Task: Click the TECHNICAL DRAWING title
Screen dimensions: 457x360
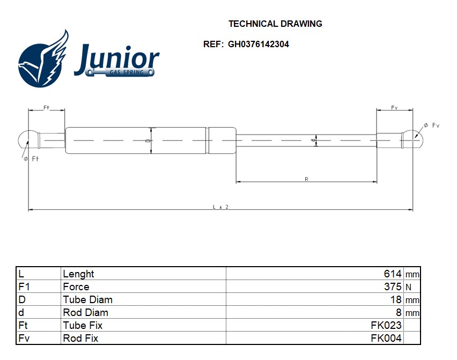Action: [275, 24]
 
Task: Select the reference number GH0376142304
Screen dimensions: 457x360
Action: [258, 45]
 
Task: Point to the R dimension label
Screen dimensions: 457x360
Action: [306, 179]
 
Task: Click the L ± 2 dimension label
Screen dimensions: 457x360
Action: [220, 207]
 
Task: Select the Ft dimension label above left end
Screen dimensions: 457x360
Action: [46, 108]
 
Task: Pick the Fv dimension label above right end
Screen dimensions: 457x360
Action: [394, 108]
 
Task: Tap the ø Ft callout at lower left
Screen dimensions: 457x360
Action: [32, 159]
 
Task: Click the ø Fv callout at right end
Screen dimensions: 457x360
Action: [431, 126]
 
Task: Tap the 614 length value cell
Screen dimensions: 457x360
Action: [393, 274]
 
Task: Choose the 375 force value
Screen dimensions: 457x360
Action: [393, 287]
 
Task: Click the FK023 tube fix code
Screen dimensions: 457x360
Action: [386, 326]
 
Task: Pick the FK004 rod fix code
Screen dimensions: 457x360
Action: [386, 339]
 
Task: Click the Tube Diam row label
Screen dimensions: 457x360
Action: [87, 300]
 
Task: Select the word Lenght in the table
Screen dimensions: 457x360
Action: [78, 274]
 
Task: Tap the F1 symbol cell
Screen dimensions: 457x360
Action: [24, 287]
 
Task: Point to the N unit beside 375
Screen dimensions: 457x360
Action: [408, 288]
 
